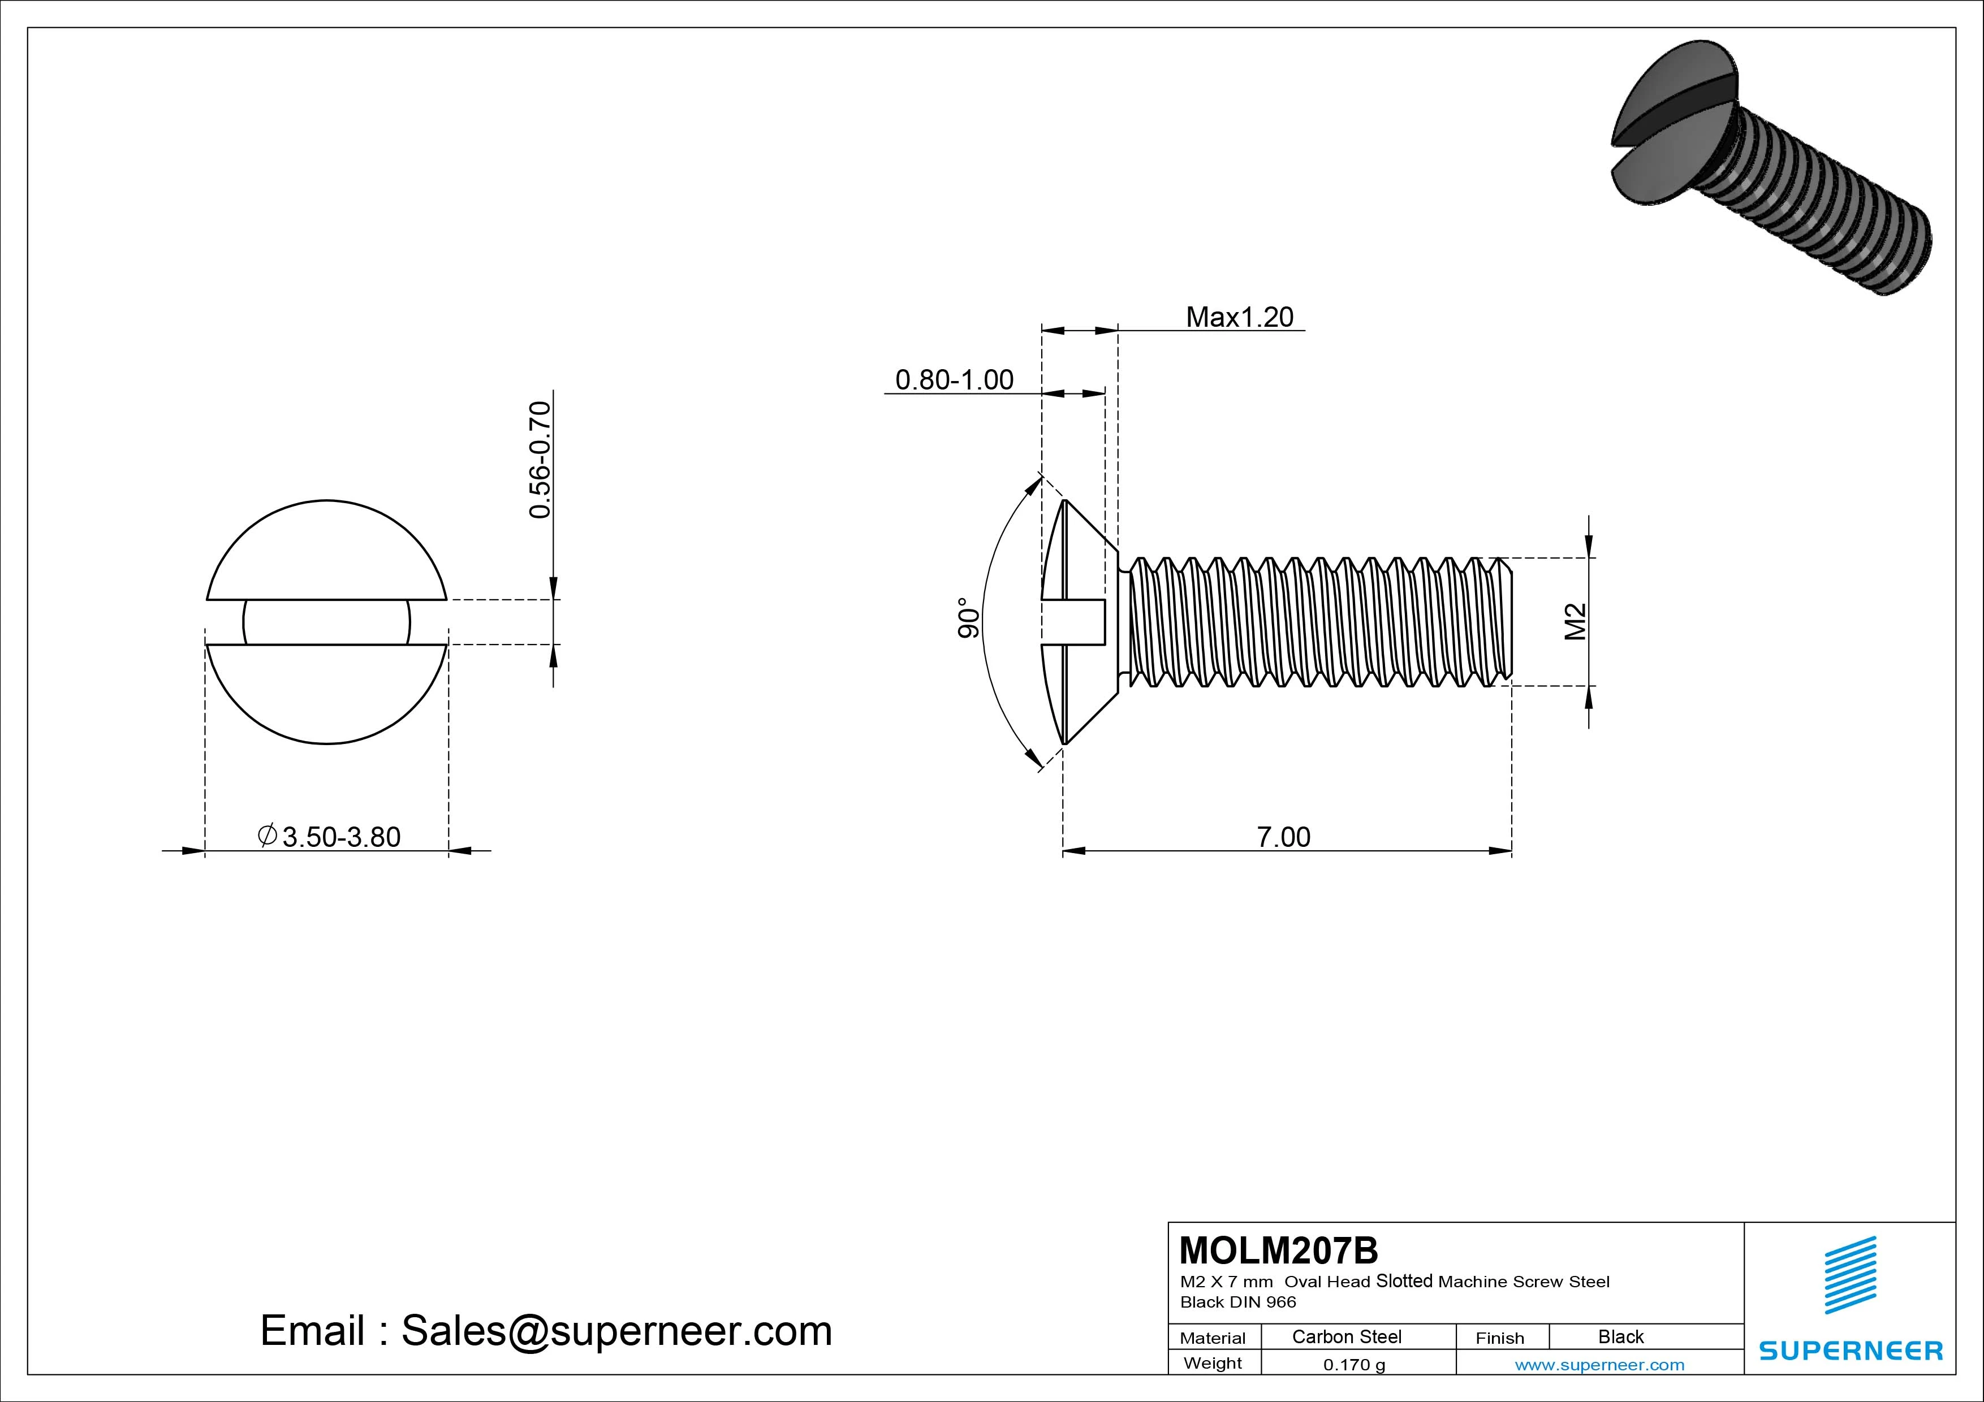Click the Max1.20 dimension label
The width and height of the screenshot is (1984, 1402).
point(1239,317)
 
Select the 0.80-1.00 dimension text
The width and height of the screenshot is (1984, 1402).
point(954,380)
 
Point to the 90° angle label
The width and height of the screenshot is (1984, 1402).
point(969,618)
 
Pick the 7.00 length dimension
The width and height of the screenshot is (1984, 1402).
point(1283,837)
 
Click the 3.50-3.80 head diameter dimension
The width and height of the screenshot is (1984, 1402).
point(340,837)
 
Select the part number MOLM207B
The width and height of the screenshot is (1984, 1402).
point(1278,1250)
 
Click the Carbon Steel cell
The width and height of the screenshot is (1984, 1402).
point(1346,1336)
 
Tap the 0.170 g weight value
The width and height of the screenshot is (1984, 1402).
point(1354,1365)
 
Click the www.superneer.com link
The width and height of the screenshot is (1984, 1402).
point(1599,1365)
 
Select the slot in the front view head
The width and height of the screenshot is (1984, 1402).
point(327,622)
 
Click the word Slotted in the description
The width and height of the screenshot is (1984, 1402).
point(1404,1281)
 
